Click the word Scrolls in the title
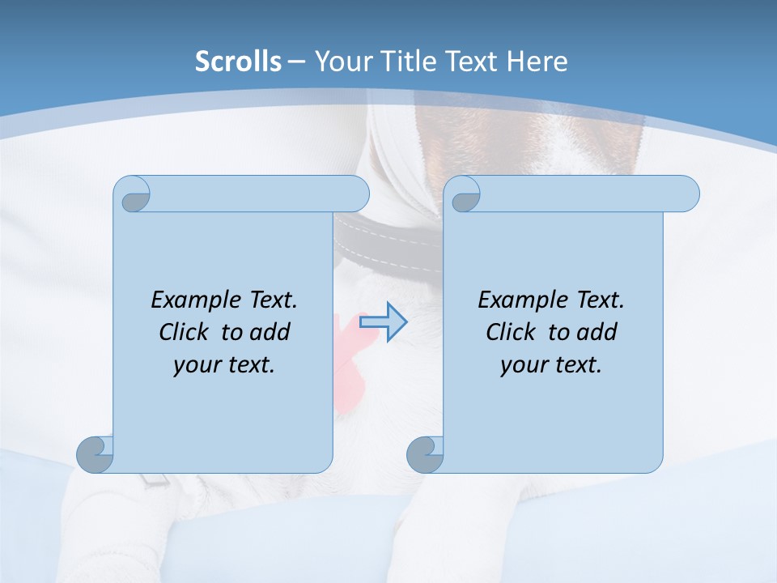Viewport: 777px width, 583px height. [x=238, y=62]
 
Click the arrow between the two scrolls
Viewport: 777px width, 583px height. [x=383, y=322]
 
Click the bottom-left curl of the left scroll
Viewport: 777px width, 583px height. [x=95, y=454]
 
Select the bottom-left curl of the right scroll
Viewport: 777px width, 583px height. [x=425, y=454]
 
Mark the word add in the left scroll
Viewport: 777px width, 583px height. [x=270, y=332]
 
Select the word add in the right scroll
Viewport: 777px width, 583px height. [x=597, y=332]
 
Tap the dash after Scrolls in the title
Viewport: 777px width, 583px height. [x=296, y=62]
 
